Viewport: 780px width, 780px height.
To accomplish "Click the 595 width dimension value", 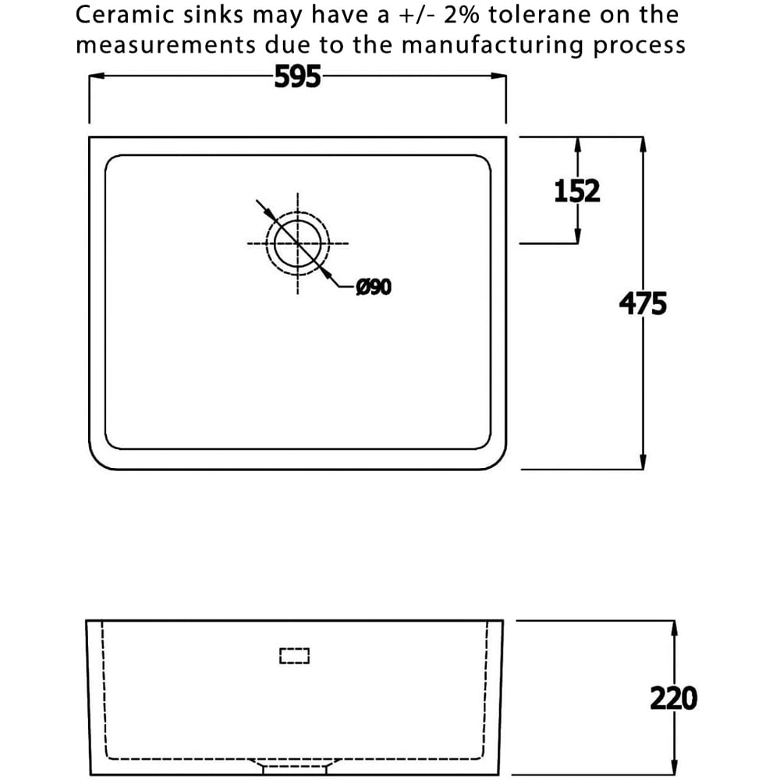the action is point(297,77).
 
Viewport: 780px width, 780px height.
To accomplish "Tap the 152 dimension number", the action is point(577,191).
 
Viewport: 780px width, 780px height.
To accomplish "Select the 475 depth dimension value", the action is point(643,304).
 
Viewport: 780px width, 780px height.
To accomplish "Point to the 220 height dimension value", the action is point(674,698).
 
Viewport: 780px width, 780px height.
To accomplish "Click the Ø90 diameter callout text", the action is point(374,287).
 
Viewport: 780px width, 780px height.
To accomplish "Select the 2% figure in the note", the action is point(461,14).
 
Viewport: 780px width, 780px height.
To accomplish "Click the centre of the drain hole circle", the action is point(297,243).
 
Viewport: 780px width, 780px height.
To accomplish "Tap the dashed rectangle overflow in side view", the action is point(295,656).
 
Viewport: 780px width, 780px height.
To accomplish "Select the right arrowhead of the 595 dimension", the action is point(498,76).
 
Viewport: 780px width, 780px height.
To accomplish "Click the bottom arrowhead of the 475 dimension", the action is point(643,461).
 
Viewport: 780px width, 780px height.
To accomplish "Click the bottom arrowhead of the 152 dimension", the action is point(577,236).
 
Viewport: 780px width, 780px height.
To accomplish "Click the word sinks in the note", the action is point(214,14).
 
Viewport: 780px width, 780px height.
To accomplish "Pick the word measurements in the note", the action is point(165,46).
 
